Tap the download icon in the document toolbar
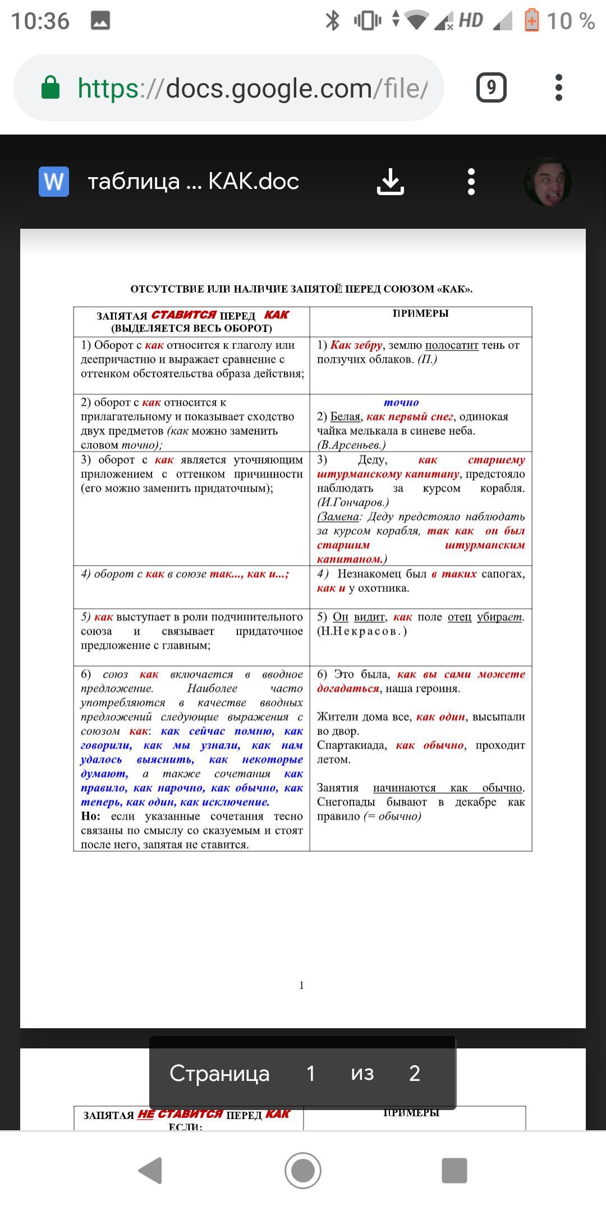(x=391, y=182)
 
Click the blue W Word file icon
(x=54, y=182)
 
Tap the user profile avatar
(x=548, y=182)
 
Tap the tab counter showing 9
(x=491, y=87)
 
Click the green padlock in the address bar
(x=50, y=87)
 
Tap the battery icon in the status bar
(x=531, y=21)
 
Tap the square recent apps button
(x=454, y=1171)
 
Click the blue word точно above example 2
(x=401, y=403)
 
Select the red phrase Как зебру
(x=356, y=345)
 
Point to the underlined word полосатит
(x=452, y=345)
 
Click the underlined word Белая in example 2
(x=345, y=417)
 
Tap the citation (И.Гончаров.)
(x=353, y=502)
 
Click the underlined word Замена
(x=338, y=516)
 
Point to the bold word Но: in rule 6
(x=90, y=816)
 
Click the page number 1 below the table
(x=302, y=985)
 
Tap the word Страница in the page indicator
(x=219, y=1073)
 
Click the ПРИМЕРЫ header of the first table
(x=420, y=313)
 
